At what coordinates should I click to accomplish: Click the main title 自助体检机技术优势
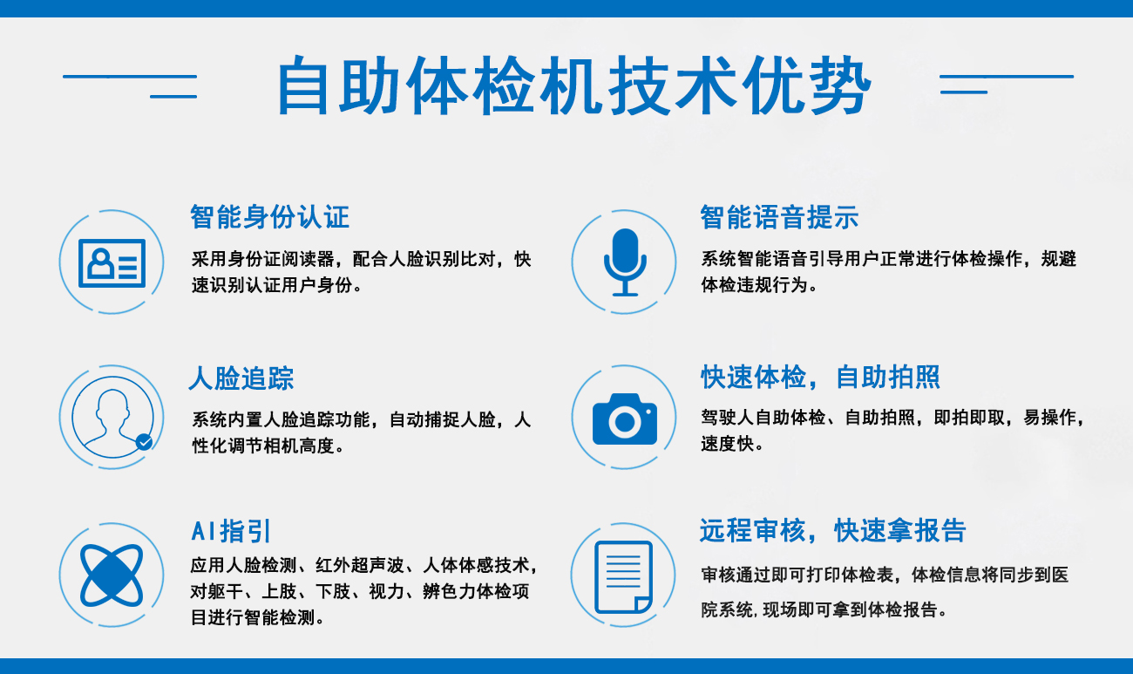pyautogui.click(x=573, y=86)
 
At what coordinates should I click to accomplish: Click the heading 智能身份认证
pyautogui.click(x=269, y=216)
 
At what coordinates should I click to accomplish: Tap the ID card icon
pyautogui.click(x=112, y=262)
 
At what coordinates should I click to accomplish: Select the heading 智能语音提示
pyautogui.click(x=779, y=216)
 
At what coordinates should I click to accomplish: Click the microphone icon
pyautogui.click(x=624, y=262)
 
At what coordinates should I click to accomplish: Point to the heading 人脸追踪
pyautogui.click(x=241, y=378)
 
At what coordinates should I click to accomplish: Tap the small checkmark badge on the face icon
pyautogui.click(x=145, y=442)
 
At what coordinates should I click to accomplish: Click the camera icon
pyautogui.click(x=624, y=419)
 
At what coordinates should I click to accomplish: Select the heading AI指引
pyautogui.click(x=231, y=530)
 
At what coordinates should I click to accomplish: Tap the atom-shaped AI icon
pyautogui.click(x=111, y=575)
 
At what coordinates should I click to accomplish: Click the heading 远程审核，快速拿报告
pyautogui.click(x=832, y=530)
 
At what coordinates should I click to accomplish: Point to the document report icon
pyautogui.click(x=623, y=576)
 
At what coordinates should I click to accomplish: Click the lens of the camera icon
pyautogui.click(x=624, y=422)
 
